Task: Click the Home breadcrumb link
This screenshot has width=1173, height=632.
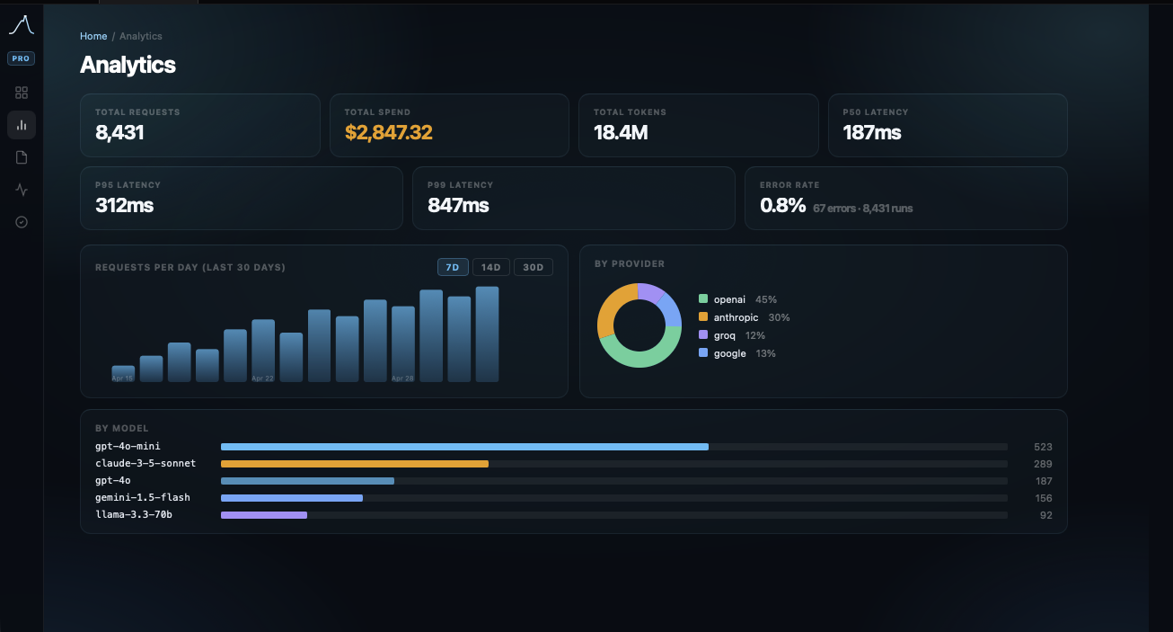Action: tap(93, 36)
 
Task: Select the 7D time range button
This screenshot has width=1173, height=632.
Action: tap(453, 267)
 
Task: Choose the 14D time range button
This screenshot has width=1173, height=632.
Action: tap(490, 267)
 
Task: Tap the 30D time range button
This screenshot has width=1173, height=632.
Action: tap(533, 267)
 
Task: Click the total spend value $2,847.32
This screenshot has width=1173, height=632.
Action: tap(388, 133)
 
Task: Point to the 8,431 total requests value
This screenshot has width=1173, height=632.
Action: tap(119, 133)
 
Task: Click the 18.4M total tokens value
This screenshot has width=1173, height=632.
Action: tap(621, 133)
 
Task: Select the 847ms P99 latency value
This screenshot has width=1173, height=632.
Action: tap(458, 206)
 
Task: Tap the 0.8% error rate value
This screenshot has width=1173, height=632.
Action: tap(782, 206)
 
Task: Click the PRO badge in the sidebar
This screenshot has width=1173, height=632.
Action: tap(22, 58)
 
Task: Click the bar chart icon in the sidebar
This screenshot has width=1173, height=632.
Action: tap(22, 125)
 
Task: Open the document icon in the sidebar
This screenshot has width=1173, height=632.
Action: tap(22, 157)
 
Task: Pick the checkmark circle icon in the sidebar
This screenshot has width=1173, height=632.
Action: tap(22, 222)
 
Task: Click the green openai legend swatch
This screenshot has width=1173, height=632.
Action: tap(703, 299)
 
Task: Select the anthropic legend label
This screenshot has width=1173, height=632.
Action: tap(736, 317)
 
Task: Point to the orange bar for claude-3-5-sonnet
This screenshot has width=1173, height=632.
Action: tap(354, 464)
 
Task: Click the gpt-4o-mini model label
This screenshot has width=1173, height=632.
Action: tap(128, 447)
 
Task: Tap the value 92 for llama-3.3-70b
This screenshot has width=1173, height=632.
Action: tap(1045, 515)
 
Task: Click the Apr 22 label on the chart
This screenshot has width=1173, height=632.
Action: tap(262, 378)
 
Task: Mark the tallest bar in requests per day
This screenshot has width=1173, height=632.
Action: tap(487, 334)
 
